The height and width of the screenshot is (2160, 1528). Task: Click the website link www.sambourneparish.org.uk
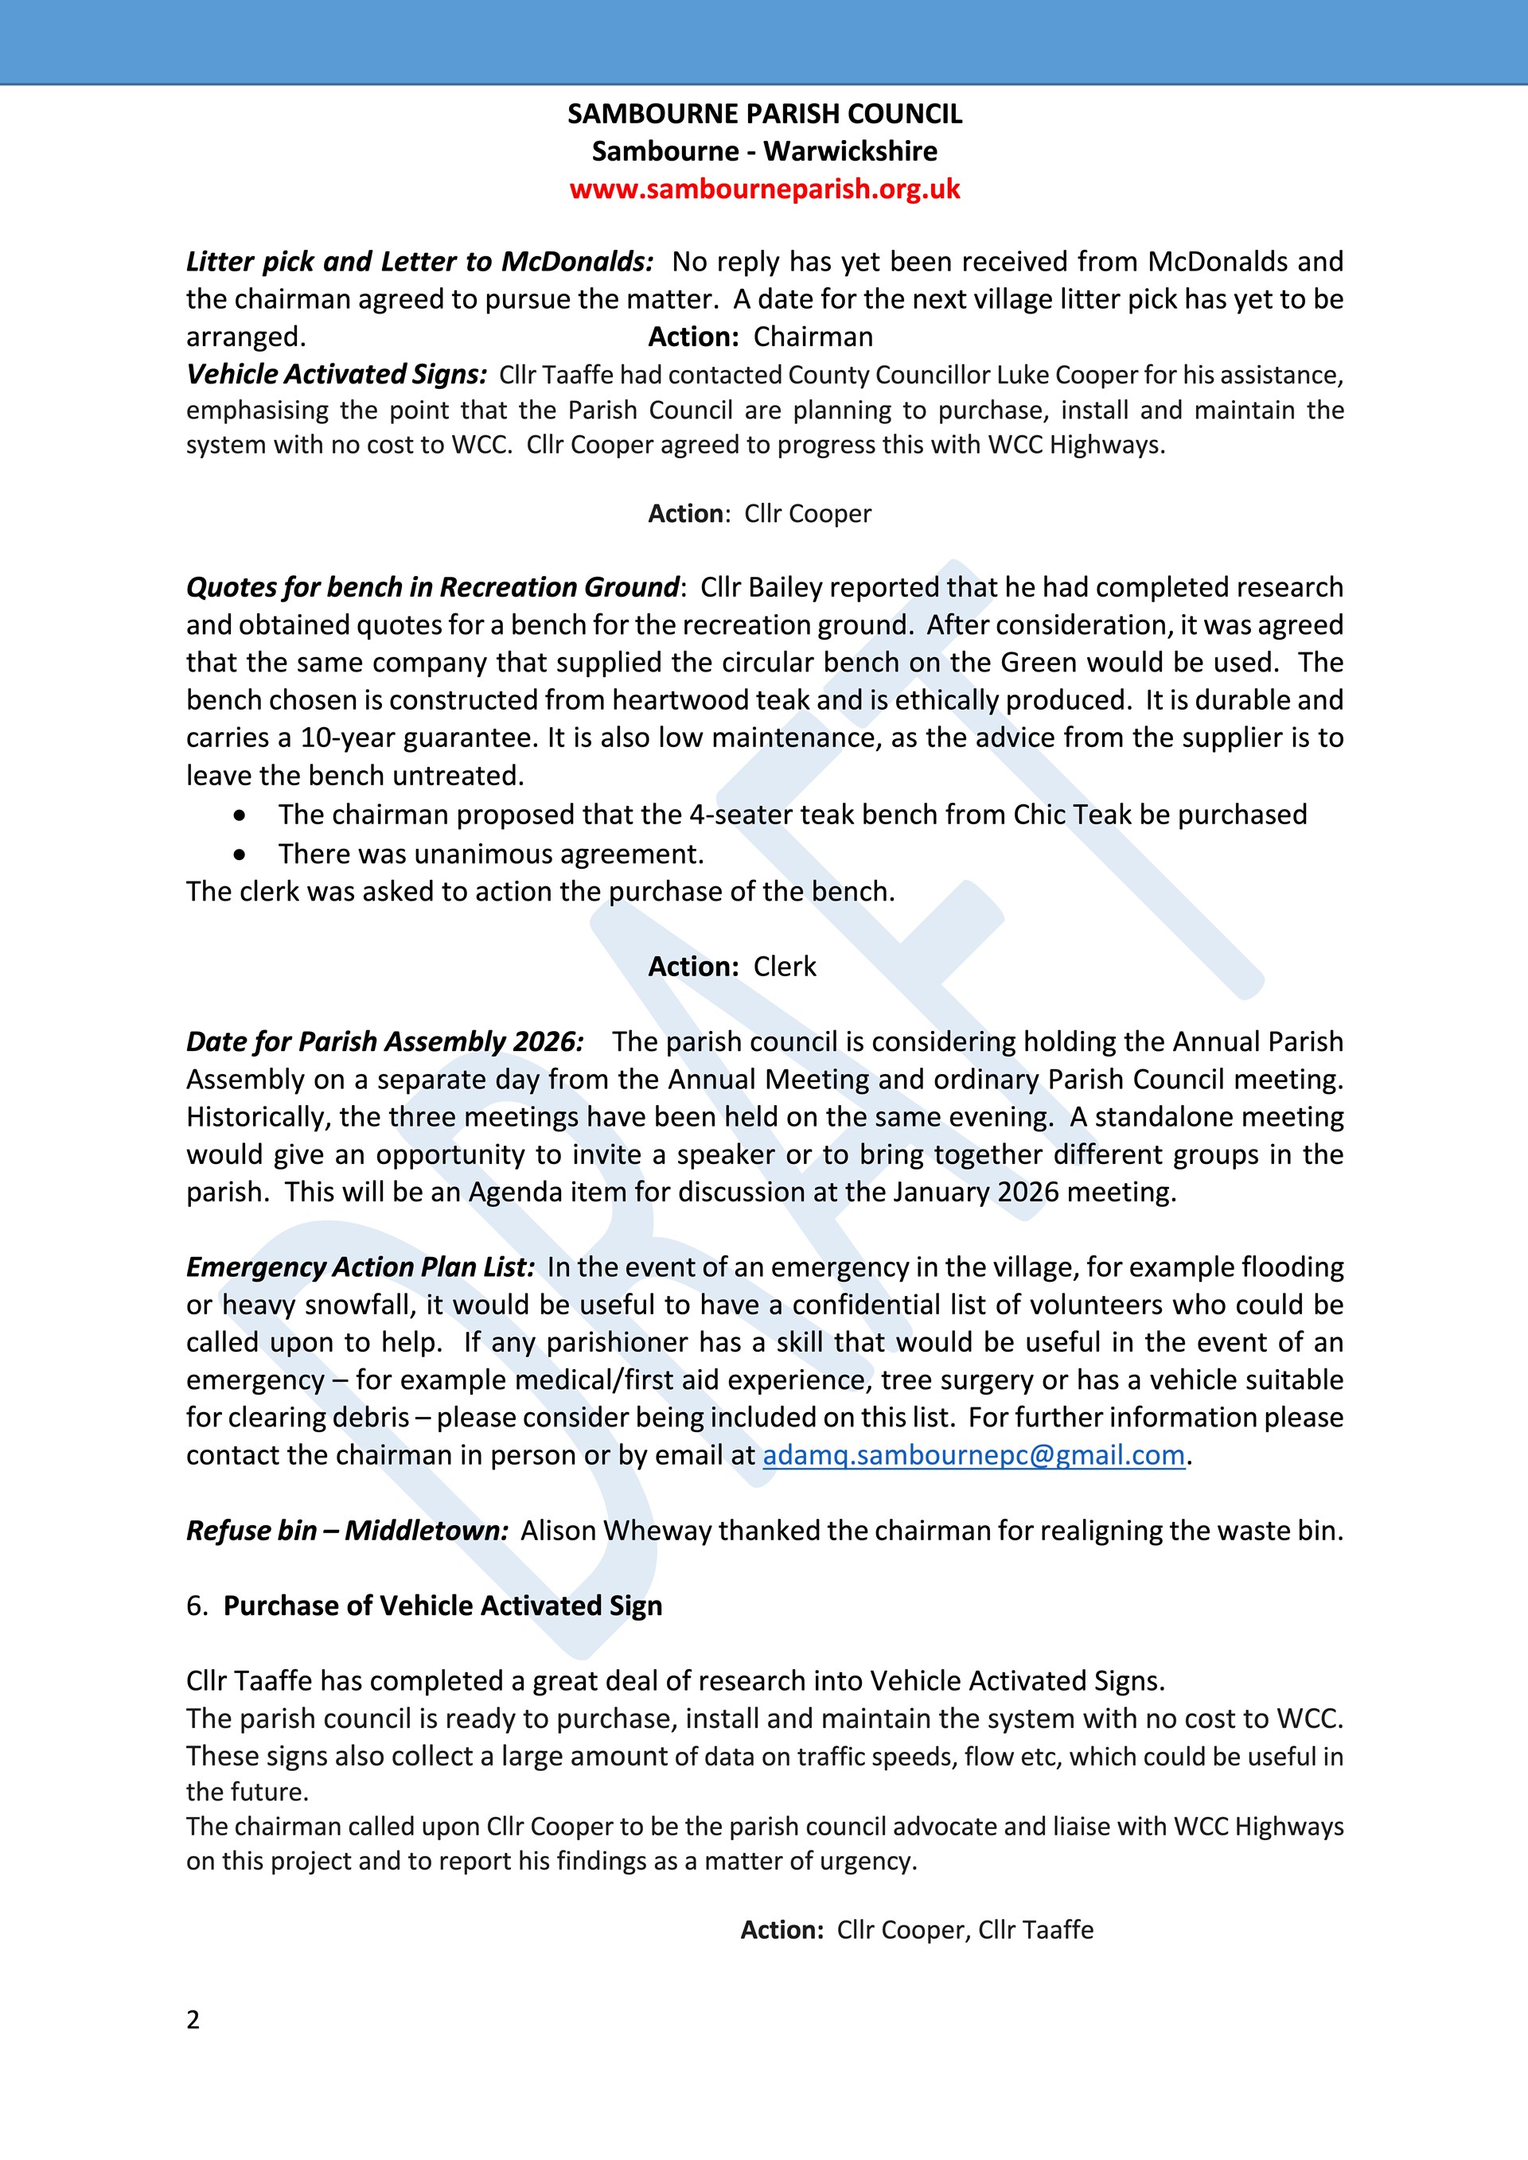[x=764, y=189]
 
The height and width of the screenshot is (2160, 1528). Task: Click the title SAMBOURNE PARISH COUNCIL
[x=764, y=114]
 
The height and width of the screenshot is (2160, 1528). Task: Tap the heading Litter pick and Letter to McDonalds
[x=419, y=262]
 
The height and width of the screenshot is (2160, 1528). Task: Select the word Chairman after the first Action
[x=813, y=337]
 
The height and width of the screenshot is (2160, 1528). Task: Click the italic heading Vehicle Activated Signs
[x=336, y=375]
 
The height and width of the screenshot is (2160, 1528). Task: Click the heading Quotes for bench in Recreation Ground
[x=432, y=587]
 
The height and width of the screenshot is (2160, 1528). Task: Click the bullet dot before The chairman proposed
[x=241, y=815]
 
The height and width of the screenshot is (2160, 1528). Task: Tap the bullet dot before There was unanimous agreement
[x=241, y=854]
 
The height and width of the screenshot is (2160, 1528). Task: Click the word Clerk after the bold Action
[x=785, y=967]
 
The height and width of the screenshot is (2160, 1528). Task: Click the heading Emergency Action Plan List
[x=360, y=1267]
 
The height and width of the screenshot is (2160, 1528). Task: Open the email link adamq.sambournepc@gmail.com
[x=973, y=1455]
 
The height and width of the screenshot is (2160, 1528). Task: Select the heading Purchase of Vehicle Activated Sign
[x=442, y=1606]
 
